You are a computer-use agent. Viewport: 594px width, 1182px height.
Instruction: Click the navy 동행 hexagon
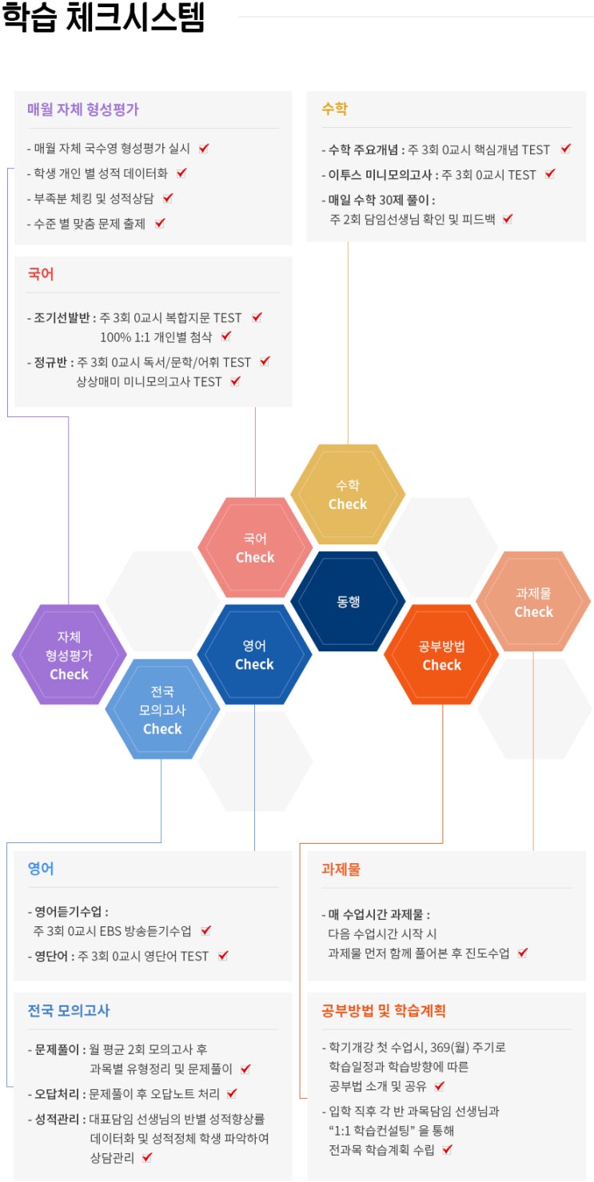(x=348, y=601)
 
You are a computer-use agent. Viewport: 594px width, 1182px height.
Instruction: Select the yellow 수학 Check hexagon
(x=348, y=495)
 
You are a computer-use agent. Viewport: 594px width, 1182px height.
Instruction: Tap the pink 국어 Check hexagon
(x=255, y=547)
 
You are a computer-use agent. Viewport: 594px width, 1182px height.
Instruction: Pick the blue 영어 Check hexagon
(x=254, y=655)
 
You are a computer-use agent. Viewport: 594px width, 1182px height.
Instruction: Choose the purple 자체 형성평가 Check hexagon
(x=70, y=655)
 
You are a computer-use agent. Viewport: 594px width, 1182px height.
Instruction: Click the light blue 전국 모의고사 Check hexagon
(x=162, y=709)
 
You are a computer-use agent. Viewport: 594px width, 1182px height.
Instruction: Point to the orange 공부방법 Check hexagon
(x=441, y=655)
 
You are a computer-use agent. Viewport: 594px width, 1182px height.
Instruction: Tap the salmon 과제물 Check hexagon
(x=533, y=601)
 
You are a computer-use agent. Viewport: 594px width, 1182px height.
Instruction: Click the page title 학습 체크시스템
(x=103, y=17)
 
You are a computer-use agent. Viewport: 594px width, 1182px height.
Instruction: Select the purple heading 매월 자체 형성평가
(x=83, y=109)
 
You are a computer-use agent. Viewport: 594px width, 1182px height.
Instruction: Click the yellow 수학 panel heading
(x=335, y=109)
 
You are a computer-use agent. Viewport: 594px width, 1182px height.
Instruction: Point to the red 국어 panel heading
(x=41, y=274)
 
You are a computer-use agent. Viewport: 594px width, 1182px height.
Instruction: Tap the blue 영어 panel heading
(x=41, y=869)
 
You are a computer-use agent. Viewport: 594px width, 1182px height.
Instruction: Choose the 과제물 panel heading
(x=341, y=869)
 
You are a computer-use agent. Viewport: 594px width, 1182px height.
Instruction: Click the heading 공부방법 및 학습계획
(x=384, y=1010)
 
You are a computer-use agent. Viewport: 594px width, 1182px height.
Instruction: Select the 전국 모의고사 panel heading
(x=69, y=1010)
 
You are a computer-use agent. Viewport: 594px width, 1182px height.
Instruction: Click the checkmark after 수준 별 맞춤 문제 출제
(x=160, y=223)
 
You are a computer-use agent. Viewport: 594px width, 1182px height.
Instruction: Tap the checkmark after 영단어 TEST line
(x=223, y=956)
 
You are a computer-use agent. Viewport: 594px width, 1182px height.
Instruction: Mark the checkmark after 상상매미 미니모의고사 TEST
(x=236, y=381)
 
